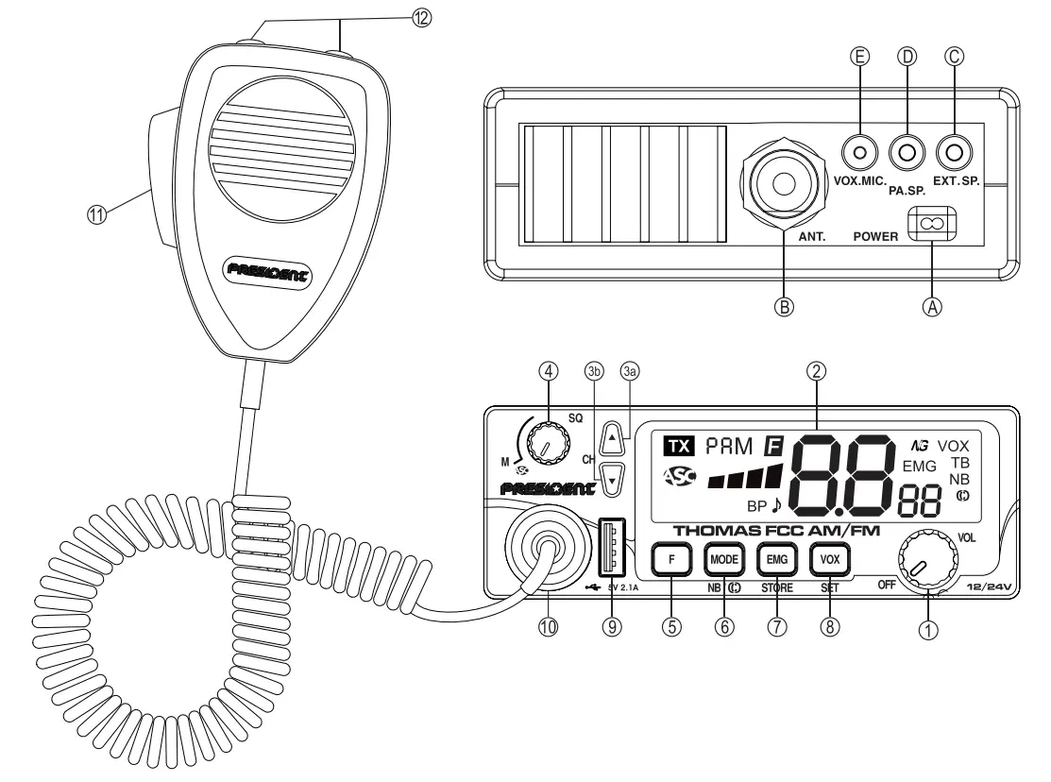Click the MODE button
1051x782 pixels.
[722, 559]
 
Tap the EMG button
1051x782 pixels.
[777, 559]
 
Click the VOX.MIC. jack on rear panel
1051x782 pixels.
[860, 151]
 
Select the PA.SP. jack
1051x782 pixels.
[907, 151]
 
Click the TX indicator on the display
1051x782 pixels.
[676, 445]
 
